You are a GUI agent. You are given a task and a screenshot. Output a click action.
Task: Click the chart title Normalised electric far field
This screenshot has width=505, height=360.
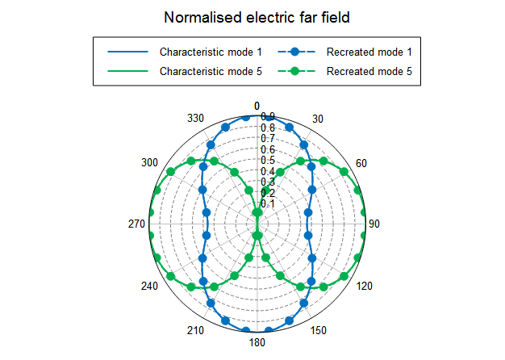click(x=252, y=17)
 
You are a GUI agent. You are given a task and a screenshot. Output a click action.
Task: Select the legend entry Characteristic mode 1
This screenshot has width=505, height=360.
click(x=211, y=52)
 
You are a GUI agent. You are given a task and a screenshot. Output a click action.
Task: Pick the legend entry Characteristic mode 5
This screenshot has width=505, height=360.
click(x=211, y=71)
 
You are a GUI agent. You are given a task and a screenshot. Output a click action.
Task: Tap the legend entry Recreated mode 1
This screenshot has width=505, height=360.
click(x=369, y=52)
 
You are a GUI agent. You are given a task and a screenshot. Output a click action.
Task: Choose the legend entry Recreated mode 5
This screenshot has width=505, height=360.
click(x=369, y=71)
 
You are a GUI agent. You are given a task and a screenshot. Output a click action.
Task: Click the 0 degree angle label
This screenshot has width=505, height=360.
click(x=257, y=107)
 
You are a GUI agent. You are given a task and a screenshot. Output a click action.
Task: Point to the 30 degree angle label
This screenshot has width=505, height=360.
click(x=318, y=119)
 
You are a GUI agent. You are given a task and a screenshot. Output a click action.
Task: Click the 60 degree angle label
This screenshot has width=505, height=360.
click(x=361, y=164)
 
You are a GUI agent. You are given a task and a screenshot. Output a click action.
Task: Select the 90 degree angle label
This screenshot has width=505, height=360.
click(x=374, y=224)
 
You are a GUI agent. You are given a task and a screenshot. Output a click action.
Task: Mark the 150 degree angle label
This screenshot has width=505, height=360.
click(x=318, y=329)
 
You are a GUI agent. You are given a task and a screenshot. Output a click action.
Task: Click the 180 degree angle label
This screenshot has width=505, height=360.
click(x=257, y=342)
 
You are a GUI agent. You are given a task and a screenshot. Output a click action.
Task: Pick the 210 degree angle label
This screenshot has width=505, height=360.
click(x=195, y=330)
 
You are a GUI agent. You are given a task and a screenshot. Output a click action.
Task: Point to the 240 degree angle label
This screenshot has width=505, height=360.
click(x=150, y=286)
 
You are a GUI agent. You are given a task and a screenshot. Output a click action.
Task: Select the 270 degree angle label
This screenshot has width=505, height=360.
click(x=136, y=224)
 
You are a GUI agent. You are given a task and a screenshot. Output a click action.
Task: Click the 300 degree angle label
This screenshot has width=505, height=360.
click(x=149, y=163)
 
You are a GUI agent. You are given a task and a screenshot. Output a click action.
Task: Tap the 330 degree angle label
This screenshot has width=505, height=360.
click(x=194, y=119)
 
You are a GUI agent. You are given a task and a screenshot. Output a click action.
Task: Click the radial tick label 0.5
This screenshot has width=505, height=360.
click(x=268, y=161)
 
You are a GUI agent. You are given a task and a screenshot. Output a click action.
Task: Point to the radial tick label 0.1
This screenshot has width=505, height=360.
click(x=268, y=203)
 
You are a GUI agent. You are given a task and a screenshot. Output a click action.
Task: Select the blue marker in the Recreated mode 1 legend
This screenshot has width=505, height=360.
click(x=294, y=52)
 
